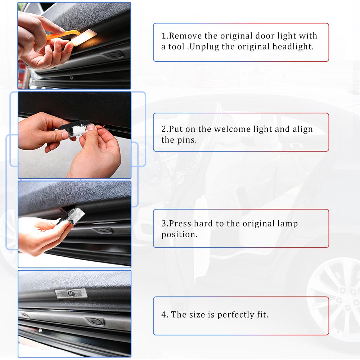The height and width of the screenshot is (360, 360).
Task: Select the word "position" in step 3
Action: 179,234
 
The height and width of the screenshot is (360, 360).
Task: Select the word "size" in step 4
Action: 196,315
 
